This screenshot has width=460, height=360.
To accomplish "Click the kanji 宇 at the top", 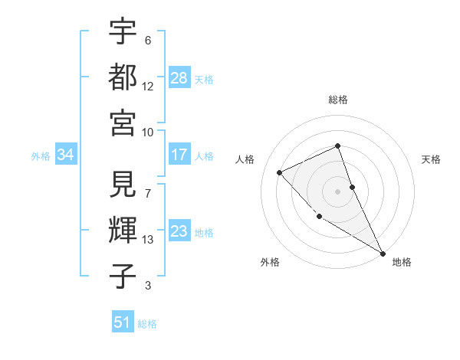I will (123, 31).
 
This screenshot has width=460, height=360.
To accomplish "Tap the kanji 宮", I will (123, 122).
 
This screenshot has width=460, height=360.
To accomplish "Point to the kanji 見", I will (123, 185).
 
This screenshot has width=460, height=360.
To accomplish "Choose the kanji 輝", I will (123, 231).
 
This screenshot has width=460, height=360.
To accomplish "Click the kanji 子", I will (123, 277).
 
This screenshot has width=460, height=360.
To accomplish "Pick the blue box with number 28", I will (179, 78).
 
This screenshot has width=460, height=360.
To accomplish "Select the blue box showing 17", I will (179, 155).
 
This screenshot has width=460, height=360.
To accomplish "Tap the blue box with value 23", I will (179, 231).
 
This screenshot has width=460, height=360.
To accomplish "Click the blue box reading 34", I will (66, 155).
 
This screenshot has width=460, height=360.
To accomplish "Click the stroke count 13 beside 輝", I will (149, 240).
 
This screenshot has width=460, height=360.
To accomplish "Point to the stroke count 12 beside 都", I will (149, 86).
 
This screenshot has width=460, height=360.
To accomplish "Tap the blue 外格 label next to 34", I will (41, 156).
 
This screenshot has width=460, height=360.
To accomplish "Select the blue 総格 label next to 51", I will (147, 324).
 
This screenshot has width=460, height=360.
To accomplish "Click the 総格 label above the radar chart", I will (338, 100).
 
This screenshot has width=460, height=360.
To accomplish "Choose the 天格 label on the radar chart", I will (432, 159).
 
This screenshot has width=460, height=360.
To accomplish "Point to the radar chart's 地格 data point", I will (383, 253).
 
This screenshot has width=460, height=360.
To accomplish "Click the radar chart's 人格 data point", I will (280, 172).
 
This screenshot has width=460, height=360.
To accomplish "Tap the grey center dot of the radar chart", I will (337, 191).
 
